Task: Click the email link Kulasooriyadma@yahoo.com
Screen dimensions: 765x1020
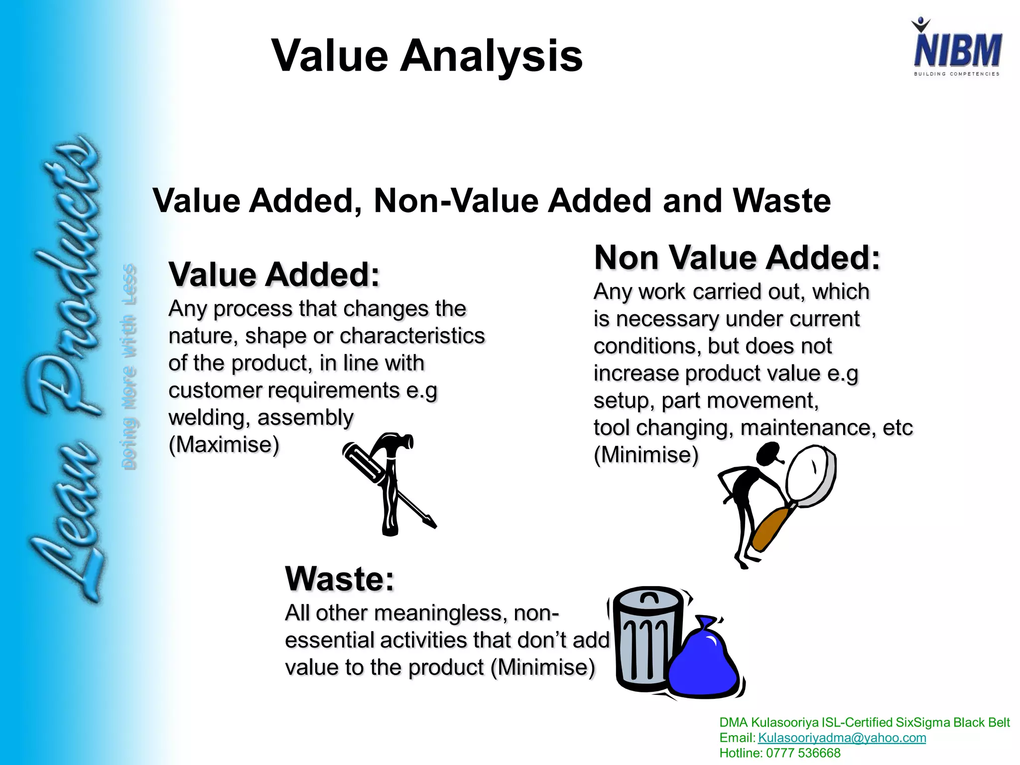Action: point(842,738)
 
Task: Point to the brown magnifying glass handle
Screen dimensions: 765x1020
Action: point(769,528)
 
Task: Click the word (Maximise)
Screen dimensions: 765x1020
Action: point(224,444)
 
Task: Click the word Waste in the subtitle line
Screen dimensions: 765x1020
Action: point(782,201)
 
